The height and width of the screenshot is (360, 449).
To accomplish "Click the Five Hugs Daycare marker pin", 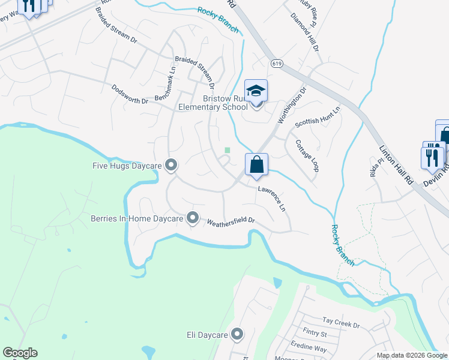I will coord(171,164).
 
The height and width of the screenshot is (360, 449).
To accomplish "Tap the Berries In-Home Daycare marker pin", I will coord(193,218).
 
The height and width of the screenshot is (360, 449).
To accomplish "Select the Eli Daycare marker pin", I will coord(238,334).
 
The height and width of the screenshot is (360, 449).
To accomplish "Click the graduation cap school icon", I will coord(256,92).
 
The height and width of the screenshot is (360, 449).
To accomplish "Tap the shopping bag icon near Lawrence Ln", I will coord(256,164).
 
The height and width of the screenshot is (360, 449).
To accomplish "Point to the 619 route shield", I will coord(276,63).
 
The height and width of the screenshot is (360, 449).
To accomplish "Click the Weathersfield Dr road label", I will coord(231,221).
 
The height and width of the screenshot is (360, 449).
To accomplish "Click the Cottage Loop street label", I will coord(307,156).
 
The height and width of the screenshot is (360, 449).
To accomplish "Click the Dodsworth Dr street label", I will coord(130,94).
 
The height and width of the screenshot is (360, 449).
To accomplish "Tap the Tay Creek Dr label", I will coord(340,323).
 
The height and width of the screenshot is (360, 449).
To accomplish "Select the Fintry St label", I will coord(315,334).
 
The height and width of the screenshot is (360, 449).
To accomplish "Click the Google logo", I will coord(20,353).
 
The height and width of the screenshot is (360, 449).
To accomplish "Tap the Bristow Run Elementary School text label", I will coord(213,103).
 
